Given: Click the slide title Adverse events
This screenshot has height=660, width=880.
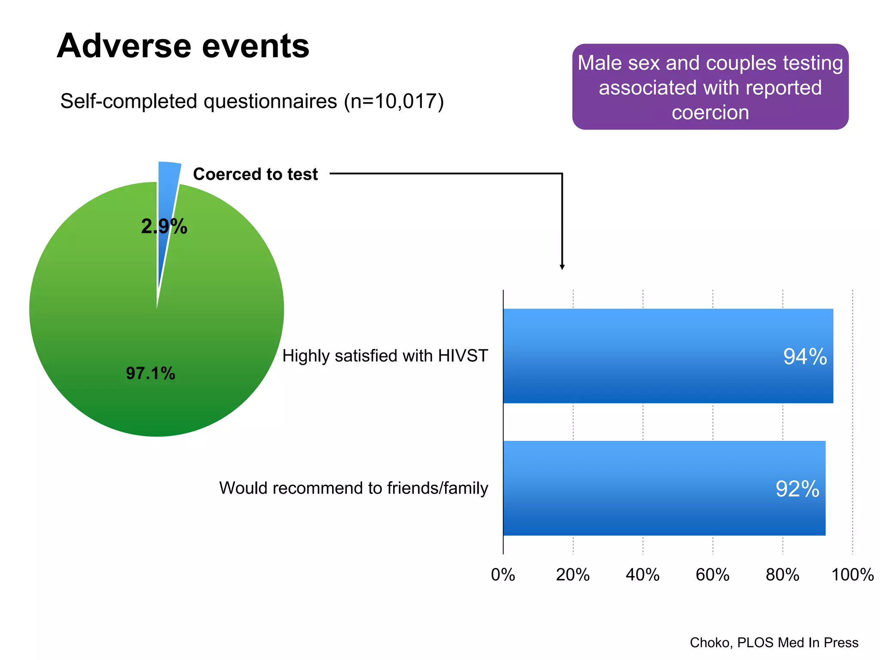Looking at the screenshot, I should click(183, 46).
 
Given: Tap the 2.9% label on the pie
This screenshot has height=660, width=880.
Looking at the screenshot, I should click(164, 226).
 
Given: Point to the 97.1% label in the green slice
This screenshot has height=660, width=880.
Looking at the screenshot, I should click(150, 373).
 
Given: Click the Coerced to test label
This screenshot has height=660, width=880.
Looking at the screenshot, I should click(255, 174).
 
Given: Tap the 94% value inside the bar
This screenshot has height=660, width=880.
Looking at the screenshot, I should click(805, 357).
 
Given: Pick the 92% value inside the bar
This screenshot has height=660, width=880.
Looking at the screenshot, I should click(797, 489).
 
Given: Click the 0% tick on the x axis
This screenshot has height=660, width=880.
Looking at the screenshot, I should click(503, 575).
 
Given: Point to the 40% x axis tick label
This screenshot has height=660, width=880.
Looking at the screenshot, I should click(642, 575).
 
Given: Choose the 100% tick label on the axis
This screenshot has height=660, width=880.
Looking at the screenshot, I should click(852, 575).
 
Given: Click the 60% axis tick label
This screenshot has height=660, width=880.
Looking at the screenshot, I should click(712, 575).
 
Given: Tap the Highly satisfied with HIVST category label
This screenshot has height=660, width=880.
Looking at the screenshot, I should click(385, 356).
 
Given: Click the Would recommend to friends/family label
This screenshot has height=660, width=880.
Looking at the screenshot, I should click(353, 488).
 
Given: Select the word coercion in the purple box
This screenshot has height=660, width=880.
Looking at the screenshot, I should click(710, 113).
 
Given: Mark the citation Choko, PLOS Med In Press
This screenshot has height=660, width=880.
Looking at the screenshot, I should click(774, 642).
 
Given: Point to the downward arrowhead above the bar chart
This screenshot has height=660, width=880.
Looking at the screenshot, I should click(562, 267).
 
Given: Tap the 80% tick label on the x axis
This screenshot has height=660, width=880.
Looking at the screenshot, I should click(782, 575).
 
